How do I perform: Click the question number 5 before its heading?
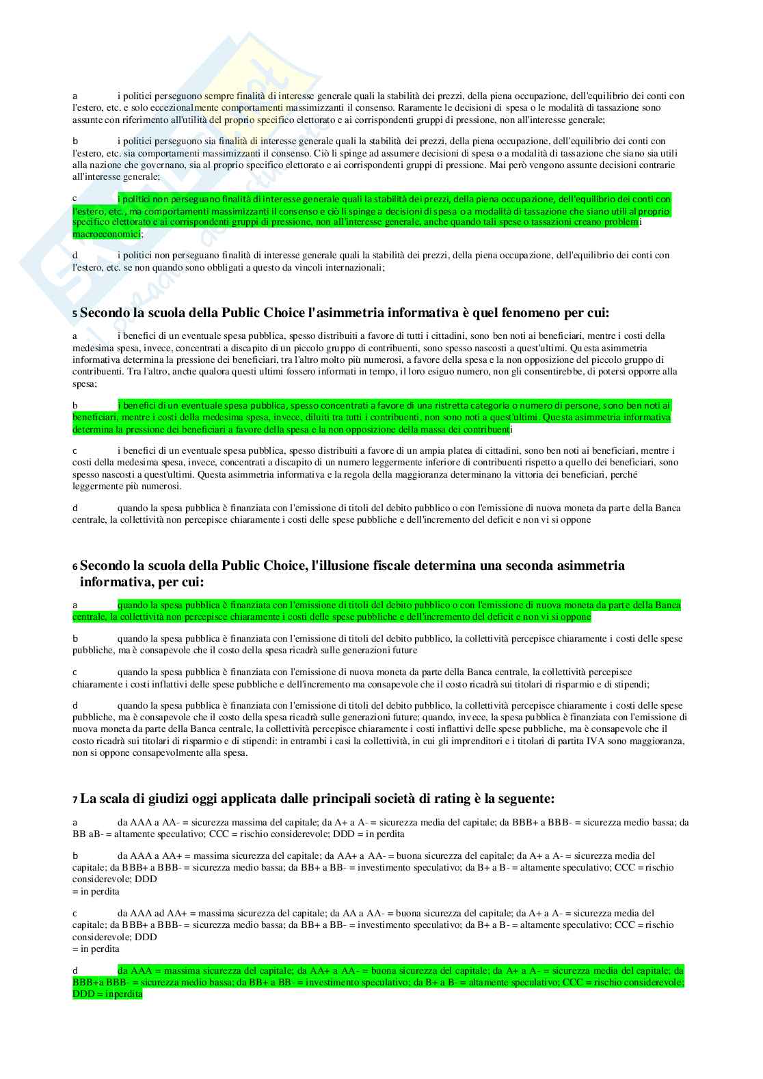pyautogui.click(x=75, y=314)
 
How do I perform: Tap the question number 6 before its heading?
pyautogui.click(x=75, y=567)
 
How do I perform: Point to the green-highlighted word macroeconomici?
pyautogui.click(x=106, y=234)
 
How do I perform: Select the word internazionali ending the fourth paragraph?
pyautogui.click(x=350, y=267)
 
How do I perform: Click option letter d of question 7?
pyautogui.click(x=75, y=971)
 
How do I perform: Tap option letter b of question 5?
pyautogui.click(x=75, y=406)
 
